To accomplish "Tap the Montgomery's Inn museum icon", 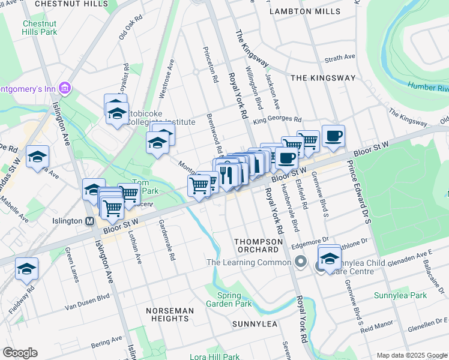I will click(65, 89).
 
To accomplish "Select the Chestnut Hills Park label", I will click(40, 28).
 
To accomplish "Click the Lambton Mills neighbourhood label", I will click(304, 11).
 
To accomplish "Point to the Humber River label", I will click(428, 88).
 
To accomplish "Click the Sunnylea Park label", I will click(400, 295).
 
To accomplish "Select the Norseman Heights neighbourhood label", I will click(170, 314).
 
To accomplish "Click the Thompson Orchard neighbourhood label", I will click(258, 245).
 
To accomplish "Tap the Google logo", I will click(20, 353).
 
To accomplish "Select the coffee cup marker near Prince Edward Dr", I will click(333, 136).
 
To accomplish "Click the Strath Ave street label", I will click(340, 58).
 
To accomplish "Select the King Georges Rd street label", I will click(277, 121).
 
